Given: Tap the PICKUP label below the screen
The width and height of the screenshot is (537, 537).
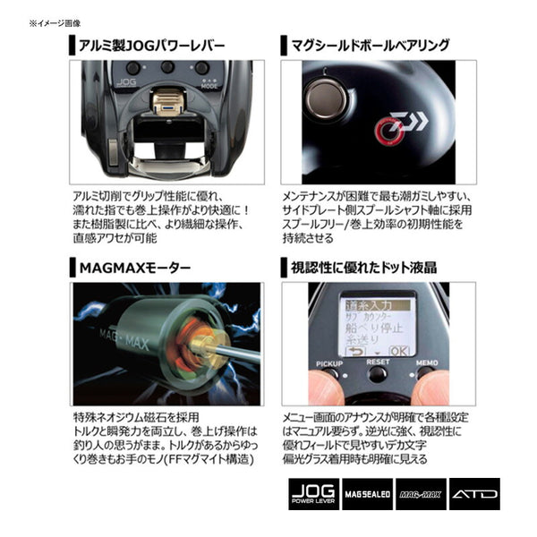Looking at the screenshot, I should click(x=329, y=364).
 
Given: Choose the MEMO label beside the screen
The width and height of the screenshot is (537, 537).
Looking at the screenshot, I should click(x=425, y=364).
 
